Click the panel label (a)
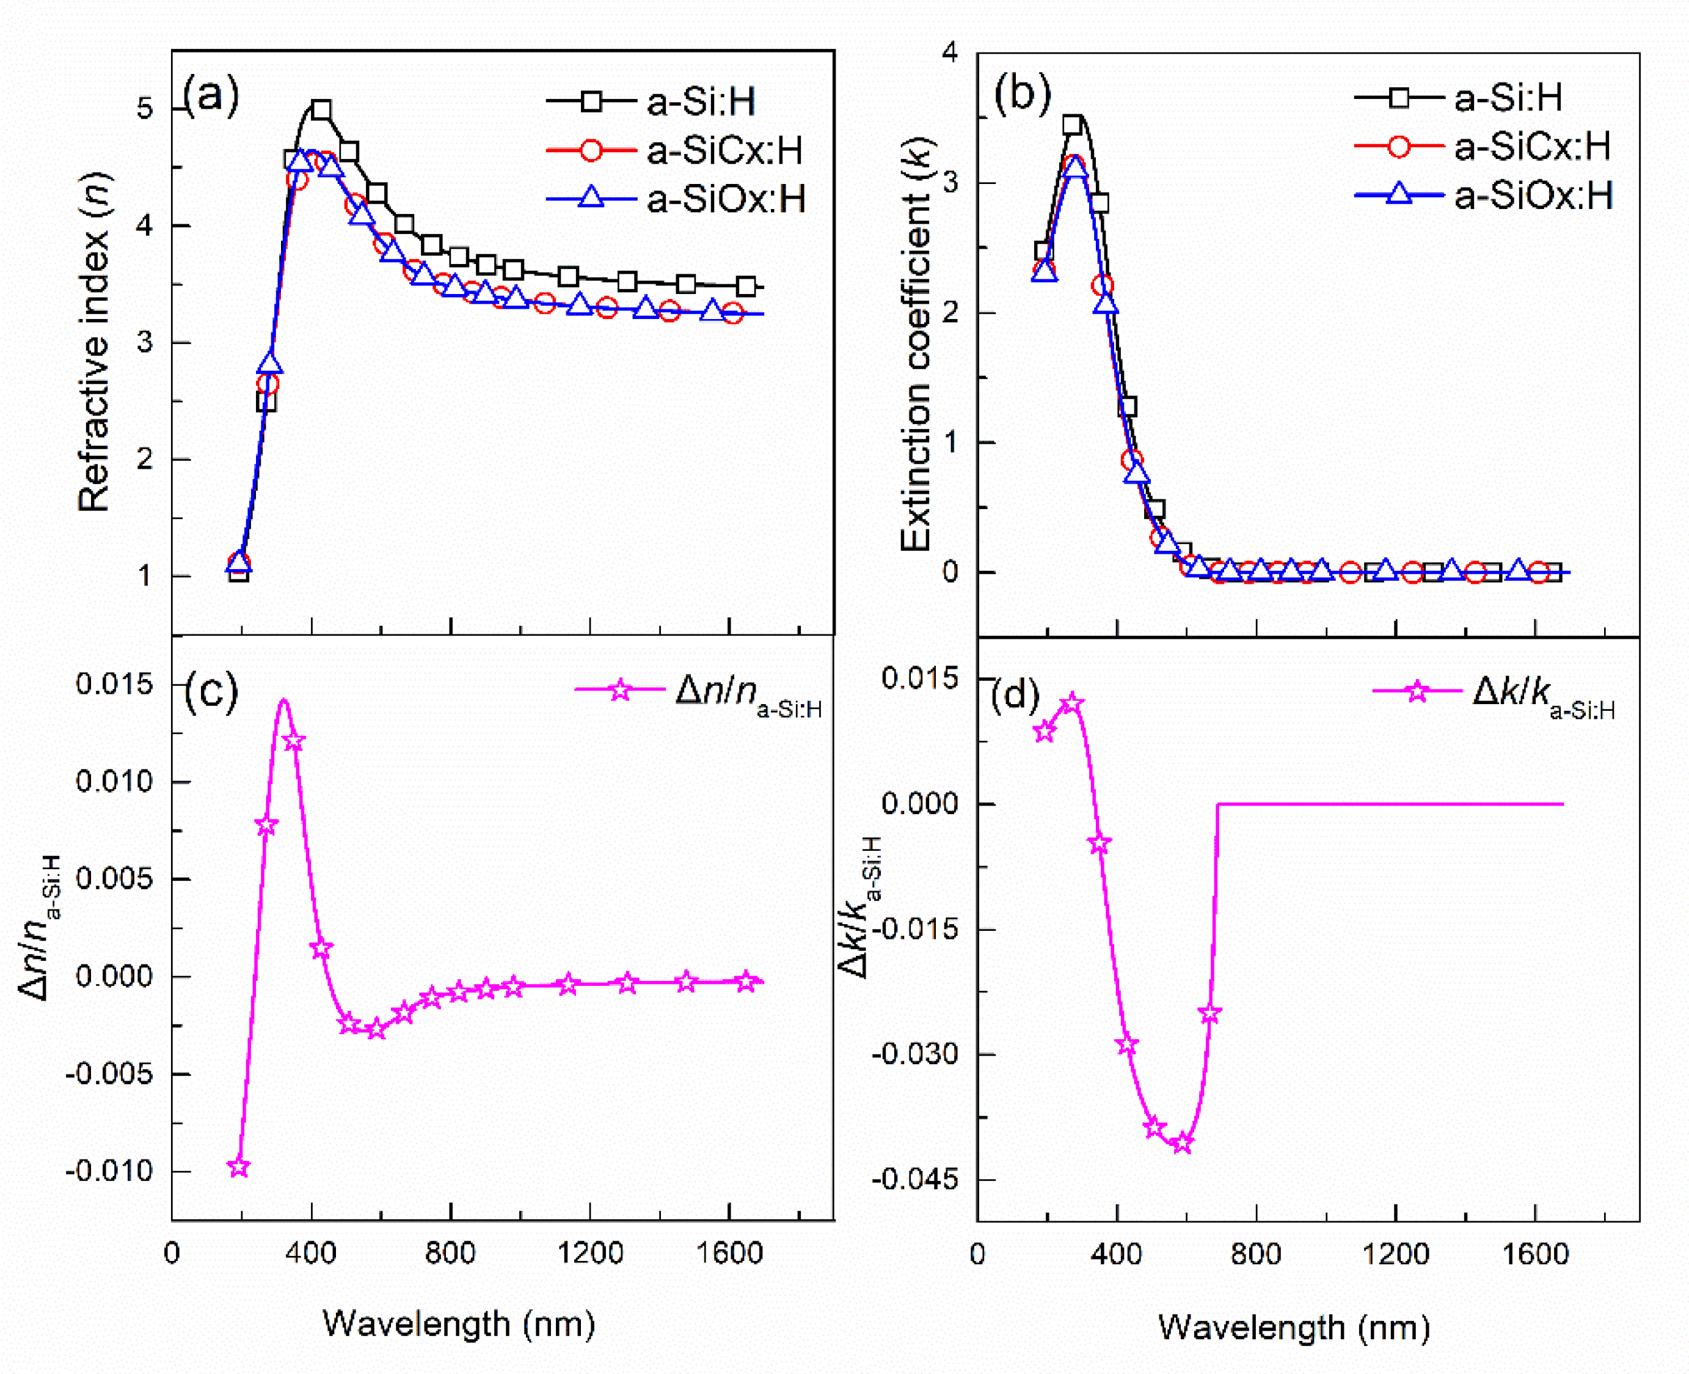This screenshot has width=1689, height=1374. click(x=211, y=97)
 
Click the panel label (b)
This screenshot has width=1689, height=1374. click(x=1022, y=95)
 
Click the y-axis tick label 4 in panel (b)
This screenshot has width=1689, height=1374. click(x=949, y=53)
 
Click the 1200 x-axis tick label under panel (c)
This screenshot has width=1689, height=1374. click(x=589, y=1254)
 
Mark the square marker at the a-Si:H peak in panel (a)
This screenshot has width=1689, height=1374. click(x=321, y=110)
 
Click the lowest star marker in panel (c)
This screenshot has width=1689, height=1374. click(x=238, y=1167)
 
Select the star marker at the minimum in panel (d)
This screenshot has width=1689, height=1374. click(x=1182, y=1144)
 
